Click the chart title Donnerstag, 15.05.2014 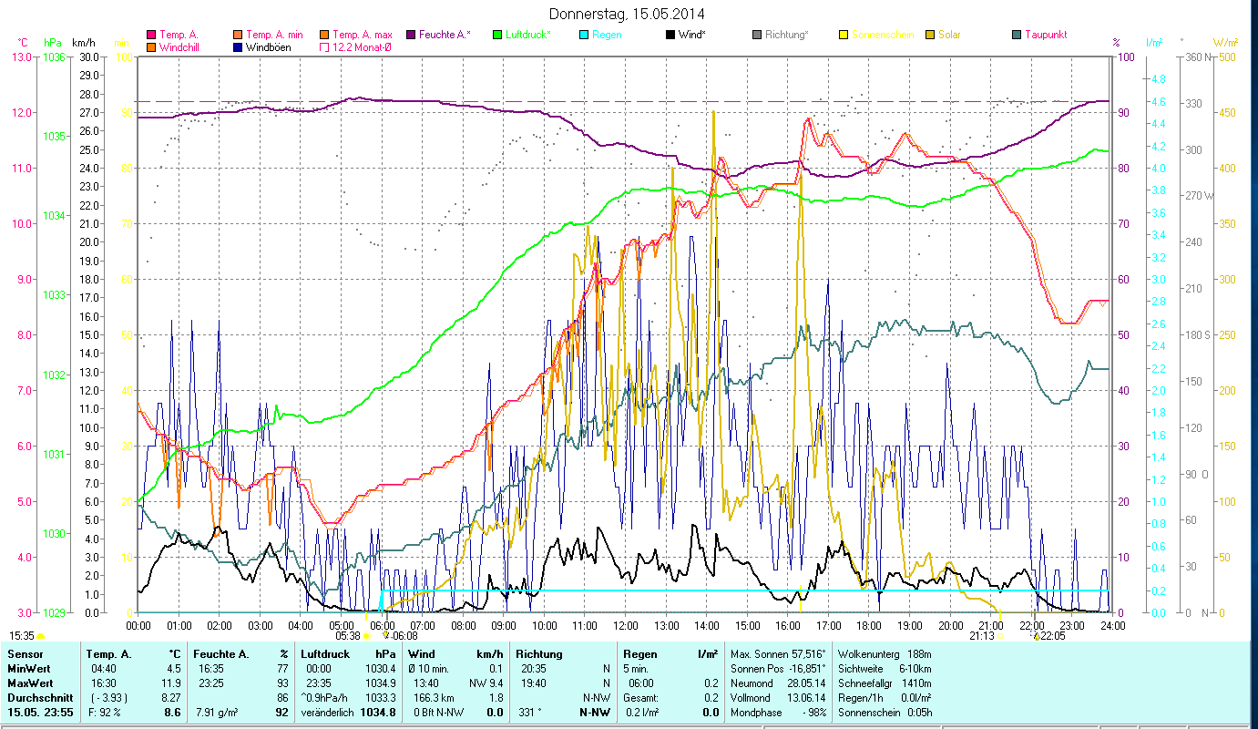(x=627, y=14)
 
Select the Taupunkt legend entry (x=1045, y=35)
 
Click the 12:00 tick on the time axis (x=626, y=626)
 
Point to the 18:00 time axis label (x=870, y=626)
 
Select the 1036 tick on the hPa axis (x=54, y=56)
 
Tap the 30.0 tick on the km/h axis (x=88, y=56)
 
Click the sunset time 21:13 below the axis (x=981, y=636)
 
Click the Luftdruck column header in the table (x=325, y=654)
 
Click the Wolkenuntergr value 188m (x=915, y=654)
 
